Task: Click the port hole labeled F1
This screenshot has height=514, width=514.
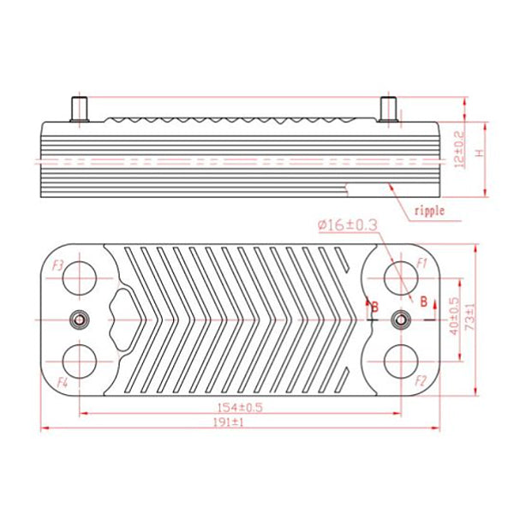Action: tap(398, 278)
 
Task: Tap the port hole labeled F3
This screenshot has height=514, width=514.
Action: tap(80, 278)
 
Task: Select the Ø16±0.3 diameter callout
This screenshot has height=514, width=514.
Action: tap(348, 224)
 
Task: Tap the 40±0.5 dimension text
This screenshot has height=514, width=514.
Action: tap(453, 318)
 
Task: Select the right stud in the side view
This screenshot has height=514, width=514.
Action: tap(388, 111)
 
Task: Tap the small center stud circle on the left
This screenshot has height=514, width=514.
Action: tap(80, 319)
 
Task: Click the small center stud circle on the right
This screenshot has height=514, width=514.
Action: tap(398, 319)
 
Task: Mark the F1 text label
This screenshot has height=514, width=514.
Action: tap(422, 262)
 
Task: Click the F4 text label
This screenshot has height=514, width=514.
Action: tap(62, 380)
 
